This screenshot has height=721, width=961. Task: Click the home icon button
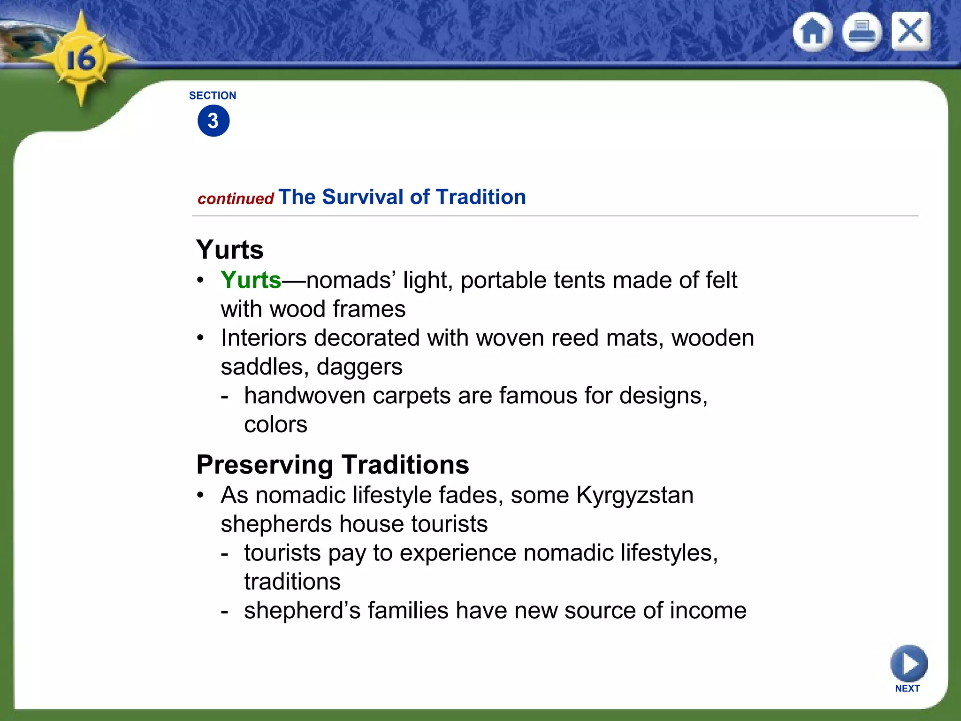(813, 32)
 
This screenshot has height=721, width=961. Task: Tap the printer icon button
(862, 32)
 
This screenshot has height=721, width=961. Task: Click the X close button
(910, 31)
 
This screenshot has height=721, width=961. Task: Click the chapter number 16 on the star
(81, 60)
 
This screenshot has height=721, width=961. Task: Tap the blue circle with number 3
(214, 121)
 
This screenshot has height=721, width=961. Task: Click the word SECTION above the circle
(213, 95)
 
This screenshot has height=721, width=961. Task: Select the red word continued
(236, 199)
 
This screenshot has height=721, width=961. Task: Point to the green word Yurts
(251, 280)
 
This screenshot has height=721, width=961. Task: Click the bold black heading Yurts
(230, 249)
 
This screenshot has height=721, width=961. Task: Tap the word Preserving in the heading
(265, 465)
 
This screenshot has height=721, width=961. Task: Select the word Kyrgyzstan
(635, 495)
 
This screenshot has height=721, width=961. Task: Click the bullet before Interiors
(201, 338)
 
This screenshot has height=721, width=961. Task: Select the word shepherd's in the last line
(302, 611)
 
